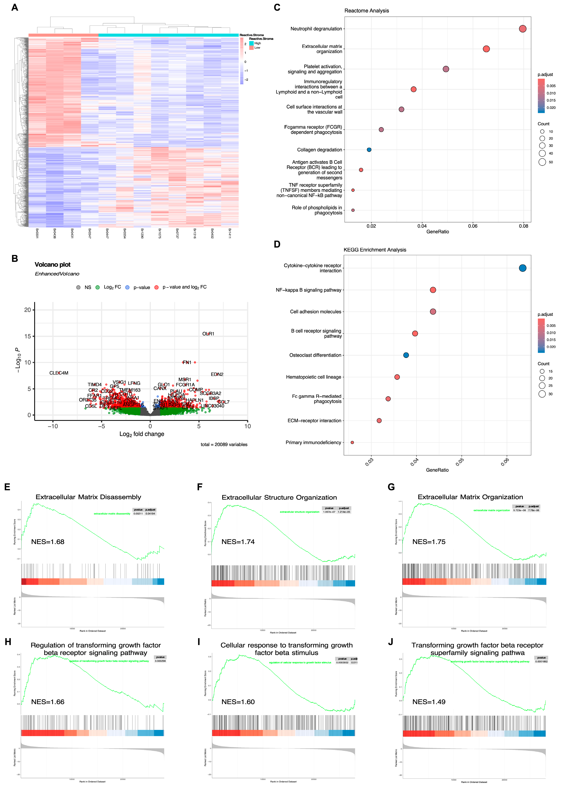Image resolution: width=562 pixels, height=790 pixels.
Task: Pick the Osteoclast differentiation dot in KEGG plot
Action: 406,355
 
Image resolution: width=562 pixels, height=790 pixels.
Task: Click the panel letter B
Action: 15,259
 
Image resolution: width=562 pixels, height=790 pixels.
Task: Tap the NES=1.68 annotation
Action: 48,542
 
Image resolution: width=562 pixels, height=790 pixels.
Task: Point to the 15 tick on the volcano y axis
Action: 27,336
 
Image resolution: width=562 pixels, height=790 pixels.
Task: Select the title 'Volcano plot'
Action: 53,264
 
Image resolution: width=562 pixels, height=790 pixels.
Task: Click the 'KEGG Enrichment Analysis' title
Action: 375,250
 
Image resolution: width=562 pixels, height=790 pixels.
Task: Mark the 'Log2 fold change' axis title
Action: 142,434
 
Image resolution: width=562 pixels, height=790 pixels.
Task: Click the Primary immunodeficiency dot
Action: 352,442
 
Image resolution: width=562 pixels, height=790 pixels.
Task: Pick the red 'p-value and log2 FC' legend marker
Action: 156,287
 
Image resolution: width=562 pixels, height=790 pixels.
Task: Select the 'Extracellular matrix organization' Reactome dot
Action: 486,49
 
